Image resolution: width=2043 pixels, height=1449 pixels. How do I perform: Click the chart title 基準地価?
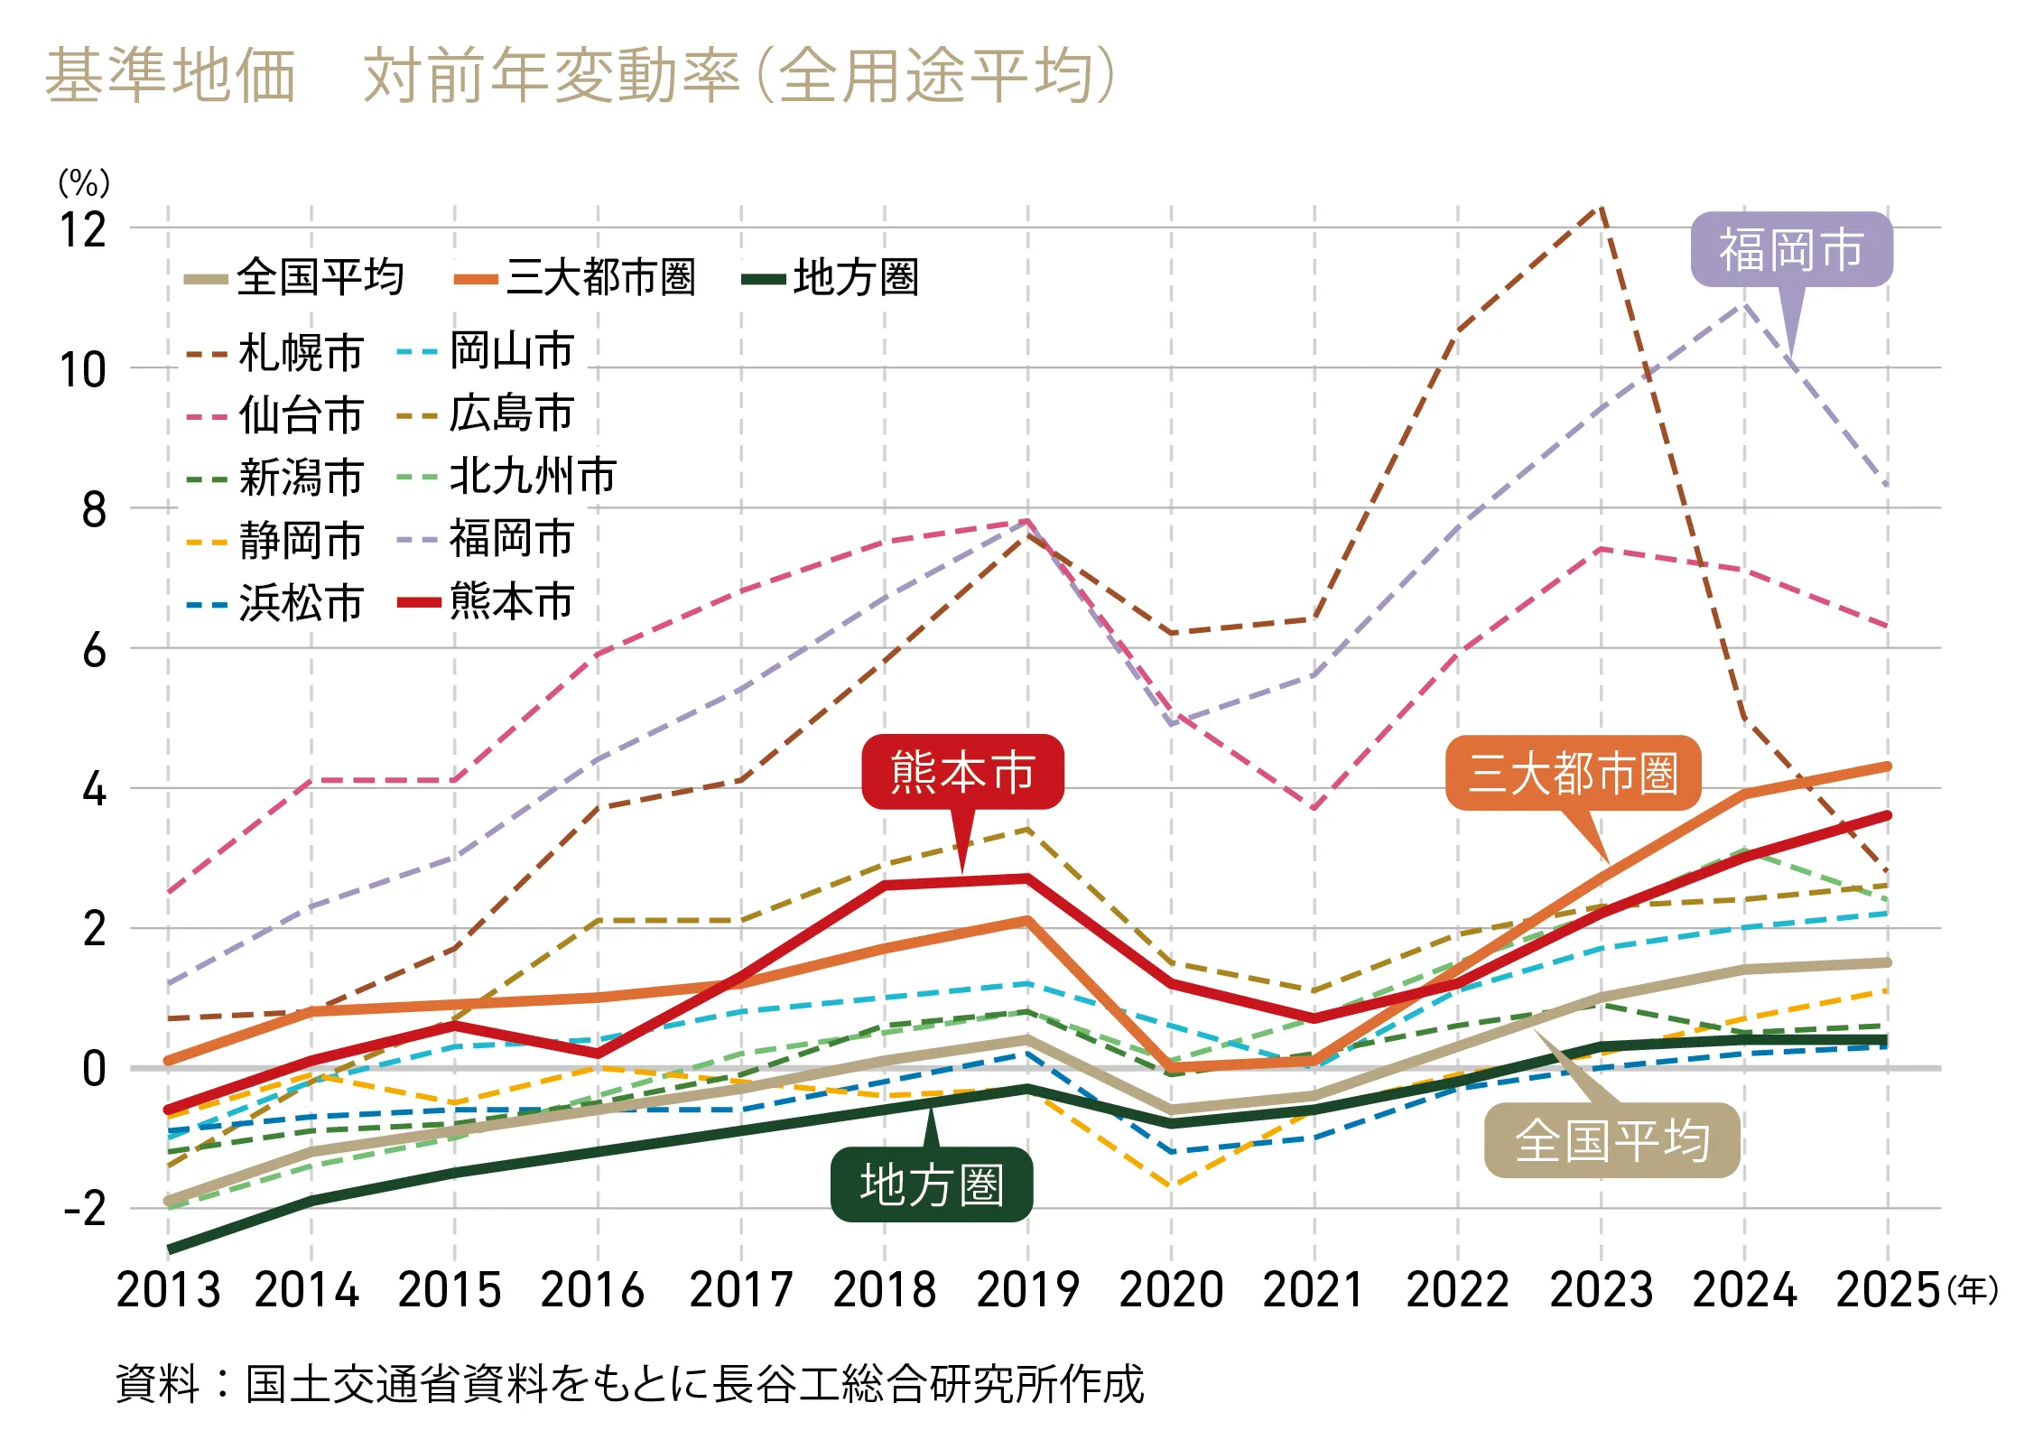171,75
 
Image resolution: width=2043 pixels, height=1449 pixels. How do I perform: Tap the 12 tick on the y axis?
83,230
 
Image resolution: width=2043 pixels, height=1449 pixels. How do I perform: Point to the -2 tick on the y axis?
85,1210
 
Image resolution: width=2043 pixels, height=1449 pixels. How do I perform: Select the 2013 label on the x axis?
168,1289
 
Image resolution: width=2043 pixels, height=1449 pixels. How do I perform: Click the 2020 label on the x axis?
1171,1289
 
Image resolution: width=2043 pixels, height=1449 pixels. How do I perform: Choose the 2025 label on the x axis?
1888,1289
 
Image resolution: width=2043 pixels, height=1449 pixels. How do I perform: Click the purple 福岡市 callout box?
1791,249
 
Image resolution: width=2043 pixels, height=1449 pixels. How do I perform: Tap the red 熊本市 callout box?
962,772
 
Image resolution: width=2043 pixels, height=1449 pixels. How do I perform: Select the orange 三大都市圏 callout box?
1573,774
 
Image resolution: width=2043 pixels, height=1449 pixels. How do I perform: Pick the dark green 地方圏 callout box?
932,1184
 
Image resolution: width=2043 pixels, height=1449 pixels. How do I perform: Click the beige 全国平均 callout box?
1611,1140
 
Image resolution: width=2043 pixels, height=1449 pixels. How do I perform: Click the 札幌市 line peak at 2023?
1601,207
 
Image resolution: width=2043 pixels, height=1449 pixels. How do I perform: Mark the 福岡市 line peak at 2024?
1744,305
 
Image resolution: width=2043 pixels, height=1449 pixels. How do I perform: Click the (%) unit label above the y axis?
84,183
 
